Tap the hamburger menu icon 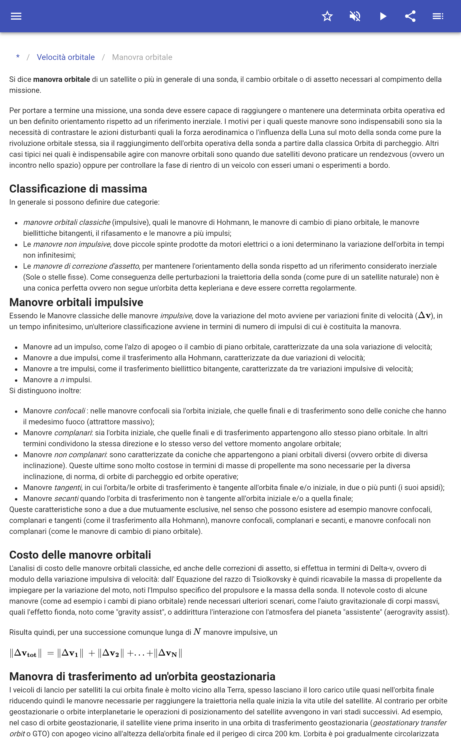[16, 16]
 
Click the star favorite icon [327, 16]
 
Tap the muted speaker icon [355, 16]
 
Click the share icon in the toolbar [410, 16]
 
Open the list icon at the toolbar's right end [438, 16]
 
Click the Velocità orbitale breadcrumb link [66, 57]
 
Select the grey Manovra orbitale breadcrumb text [142, 57]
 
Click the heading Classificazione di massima [78, 189]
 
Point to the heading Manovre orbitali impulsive [76, 302]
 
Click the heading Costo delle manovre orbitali [80, 555]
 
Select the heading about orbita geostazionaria [142, 676]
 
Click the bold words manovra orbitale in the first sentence [61, 79]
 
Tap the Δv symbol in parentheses [424, 315]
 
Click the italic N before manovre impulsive [197, 632]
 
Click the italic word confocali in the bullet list [69, 411]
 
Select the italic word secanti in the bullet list [66, 498]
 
